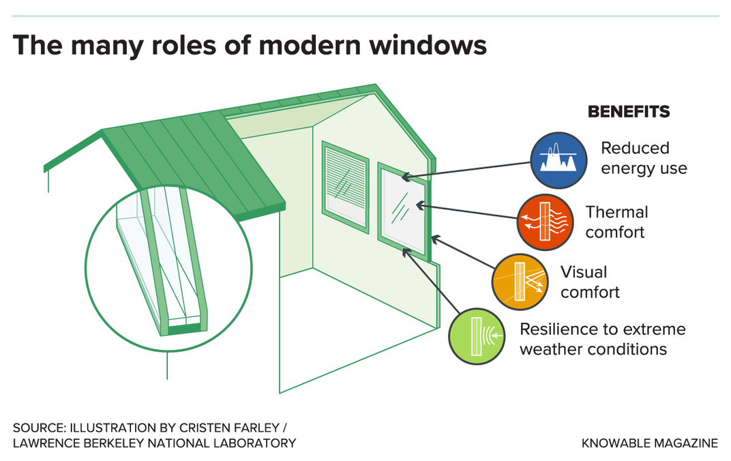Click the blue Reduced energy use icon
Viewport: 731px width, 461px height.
click(x=558, y=160)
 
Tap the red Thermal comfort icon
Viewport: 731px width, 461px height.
click(x=545, y=222)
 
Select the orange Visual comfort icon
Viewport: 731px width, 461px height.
click(x=520, y=282)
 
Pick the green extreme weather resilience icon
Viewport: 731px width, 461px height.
click(x=477, y=336)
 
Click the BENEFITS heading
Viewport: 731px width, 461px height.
click(x=629, y=112)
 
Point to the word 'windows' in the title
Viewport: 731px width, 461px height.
click(x=428, y=45)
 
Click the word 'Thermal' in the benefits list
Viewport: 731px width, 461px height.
click(x=616, y=212)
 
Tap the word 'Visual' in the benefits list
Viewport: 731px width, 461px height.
click(x=584, y=271)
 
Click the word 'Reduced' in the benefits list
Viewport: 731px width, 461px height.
click(x=635, y=148)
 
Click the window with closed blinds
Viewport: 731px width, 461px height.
click(x=346, y=187)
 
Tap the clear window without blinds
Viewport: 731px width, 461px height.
click(x=403, y=211)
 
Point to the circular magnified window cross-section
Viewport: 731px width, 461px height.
click(x=168, y=268)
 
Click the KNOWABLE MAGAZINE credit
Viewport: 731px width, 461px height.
click(x=649, y=443)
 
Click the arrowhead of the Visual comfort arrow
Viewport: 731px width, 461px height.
click(x=436, y=239)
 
